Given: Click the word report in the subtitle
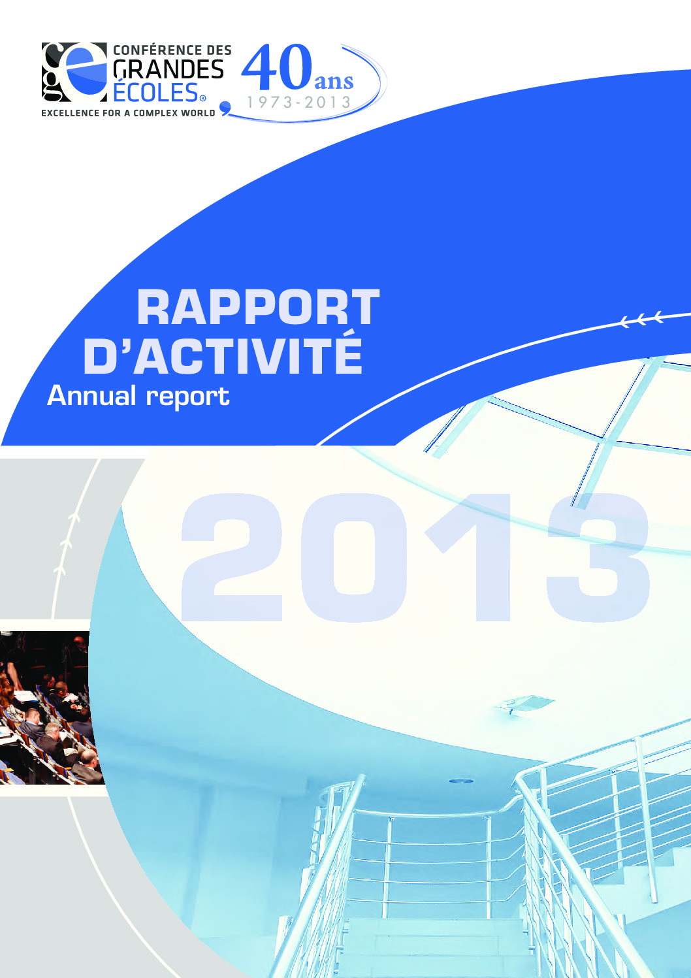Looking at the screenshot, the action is (187, 398).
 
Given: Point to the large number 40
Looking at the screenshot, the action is (276, 67).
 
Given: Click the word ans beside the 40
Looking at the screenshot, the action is (334, 82).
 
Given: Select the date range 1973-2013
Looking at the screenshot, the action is (299, 103).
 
